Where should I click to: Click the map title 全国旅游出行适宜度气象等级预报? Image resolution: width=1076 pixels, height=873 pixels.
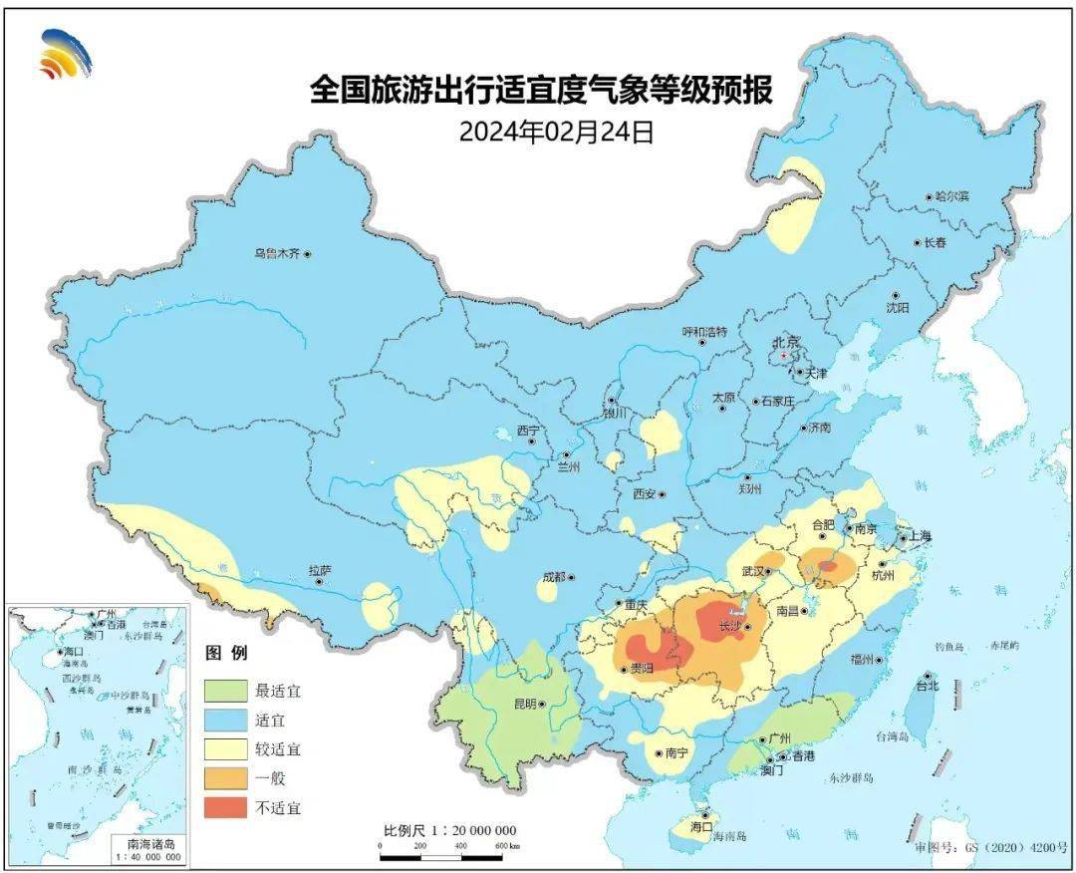point(540,91)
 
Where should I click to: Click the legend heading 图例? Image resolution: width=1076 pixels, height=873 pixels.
point(226,654)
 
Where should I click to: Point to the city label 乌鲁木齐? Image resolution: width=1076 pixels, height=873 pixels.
point(275,254)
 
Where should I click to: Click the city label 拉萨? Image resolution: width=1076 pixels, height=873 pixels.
point(318,571)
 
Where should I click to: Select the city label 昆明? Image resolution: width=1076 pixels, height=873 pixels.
point(524,704)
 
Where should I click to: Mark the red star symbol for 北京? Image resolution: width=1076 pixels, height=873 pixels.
point(785,355)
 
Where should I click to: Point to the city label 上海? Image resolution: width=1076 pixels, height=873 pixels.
point(918,537)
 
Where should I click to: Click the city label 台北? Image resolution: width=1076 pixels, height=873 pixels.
point(927,687)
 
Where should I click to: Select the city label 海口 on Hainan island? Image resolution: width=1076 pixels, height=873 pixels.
point(701,826)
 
